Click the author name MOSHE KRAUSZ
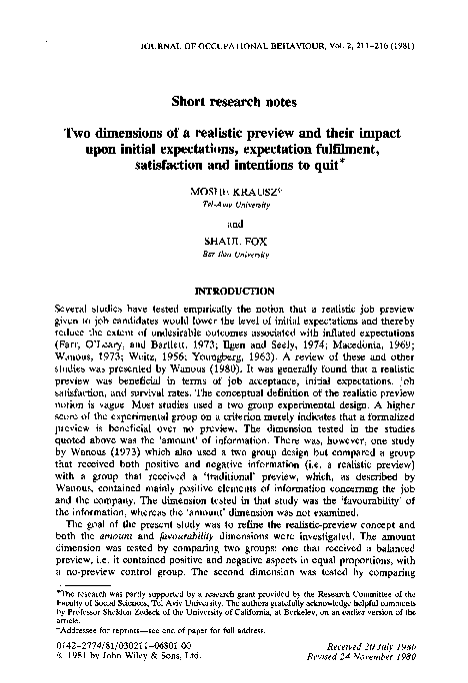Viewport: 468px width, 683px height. tap(234, 190)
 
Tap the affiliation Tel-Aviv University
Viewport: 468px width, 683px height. tap(234, 201)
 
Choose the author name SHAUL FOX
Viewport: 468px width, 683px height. tap(234, 245)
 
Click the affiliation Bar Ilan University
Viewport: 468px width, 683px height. tap(234, 256)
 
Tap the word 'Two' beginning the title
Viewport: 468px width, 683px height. tap(81, 131)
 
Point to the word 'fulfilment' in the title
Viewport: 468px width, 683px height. tap(377, 147)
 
